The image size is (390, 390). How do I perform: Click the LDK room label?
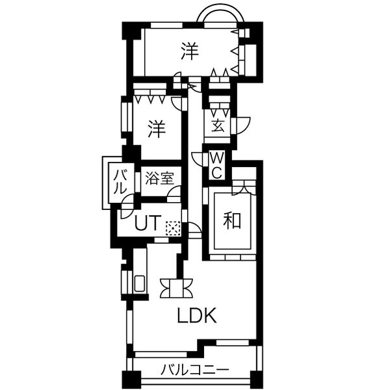click(196, 315)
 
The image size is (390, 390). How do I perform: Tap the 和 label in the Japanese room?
click(232, 220)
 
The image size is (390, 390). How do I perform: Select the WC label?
click(217, 164)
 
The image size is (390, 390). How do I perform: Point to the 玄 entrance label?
click(218, 125)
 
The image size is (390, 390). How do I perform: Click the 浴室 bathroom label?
click(159, 178)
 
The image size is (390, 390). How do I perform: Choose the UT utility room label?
click(148, 223)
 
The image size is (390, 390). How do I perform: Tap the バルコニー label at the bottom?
click(194, 370)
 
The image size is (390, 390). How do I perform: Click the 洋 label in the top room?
click(190, 51)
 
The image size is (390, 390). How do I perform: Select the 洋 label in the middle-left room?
click(157, 129)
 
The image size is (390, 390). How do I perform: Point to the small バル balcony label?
click(121, 182)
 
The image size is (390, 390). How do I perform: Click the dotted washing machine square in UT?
click(173, 229)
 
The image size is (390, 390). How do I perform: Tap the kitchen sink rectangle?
click(139, 283)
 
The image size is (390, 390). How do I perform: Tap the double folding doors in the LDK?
click(176, 288)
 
